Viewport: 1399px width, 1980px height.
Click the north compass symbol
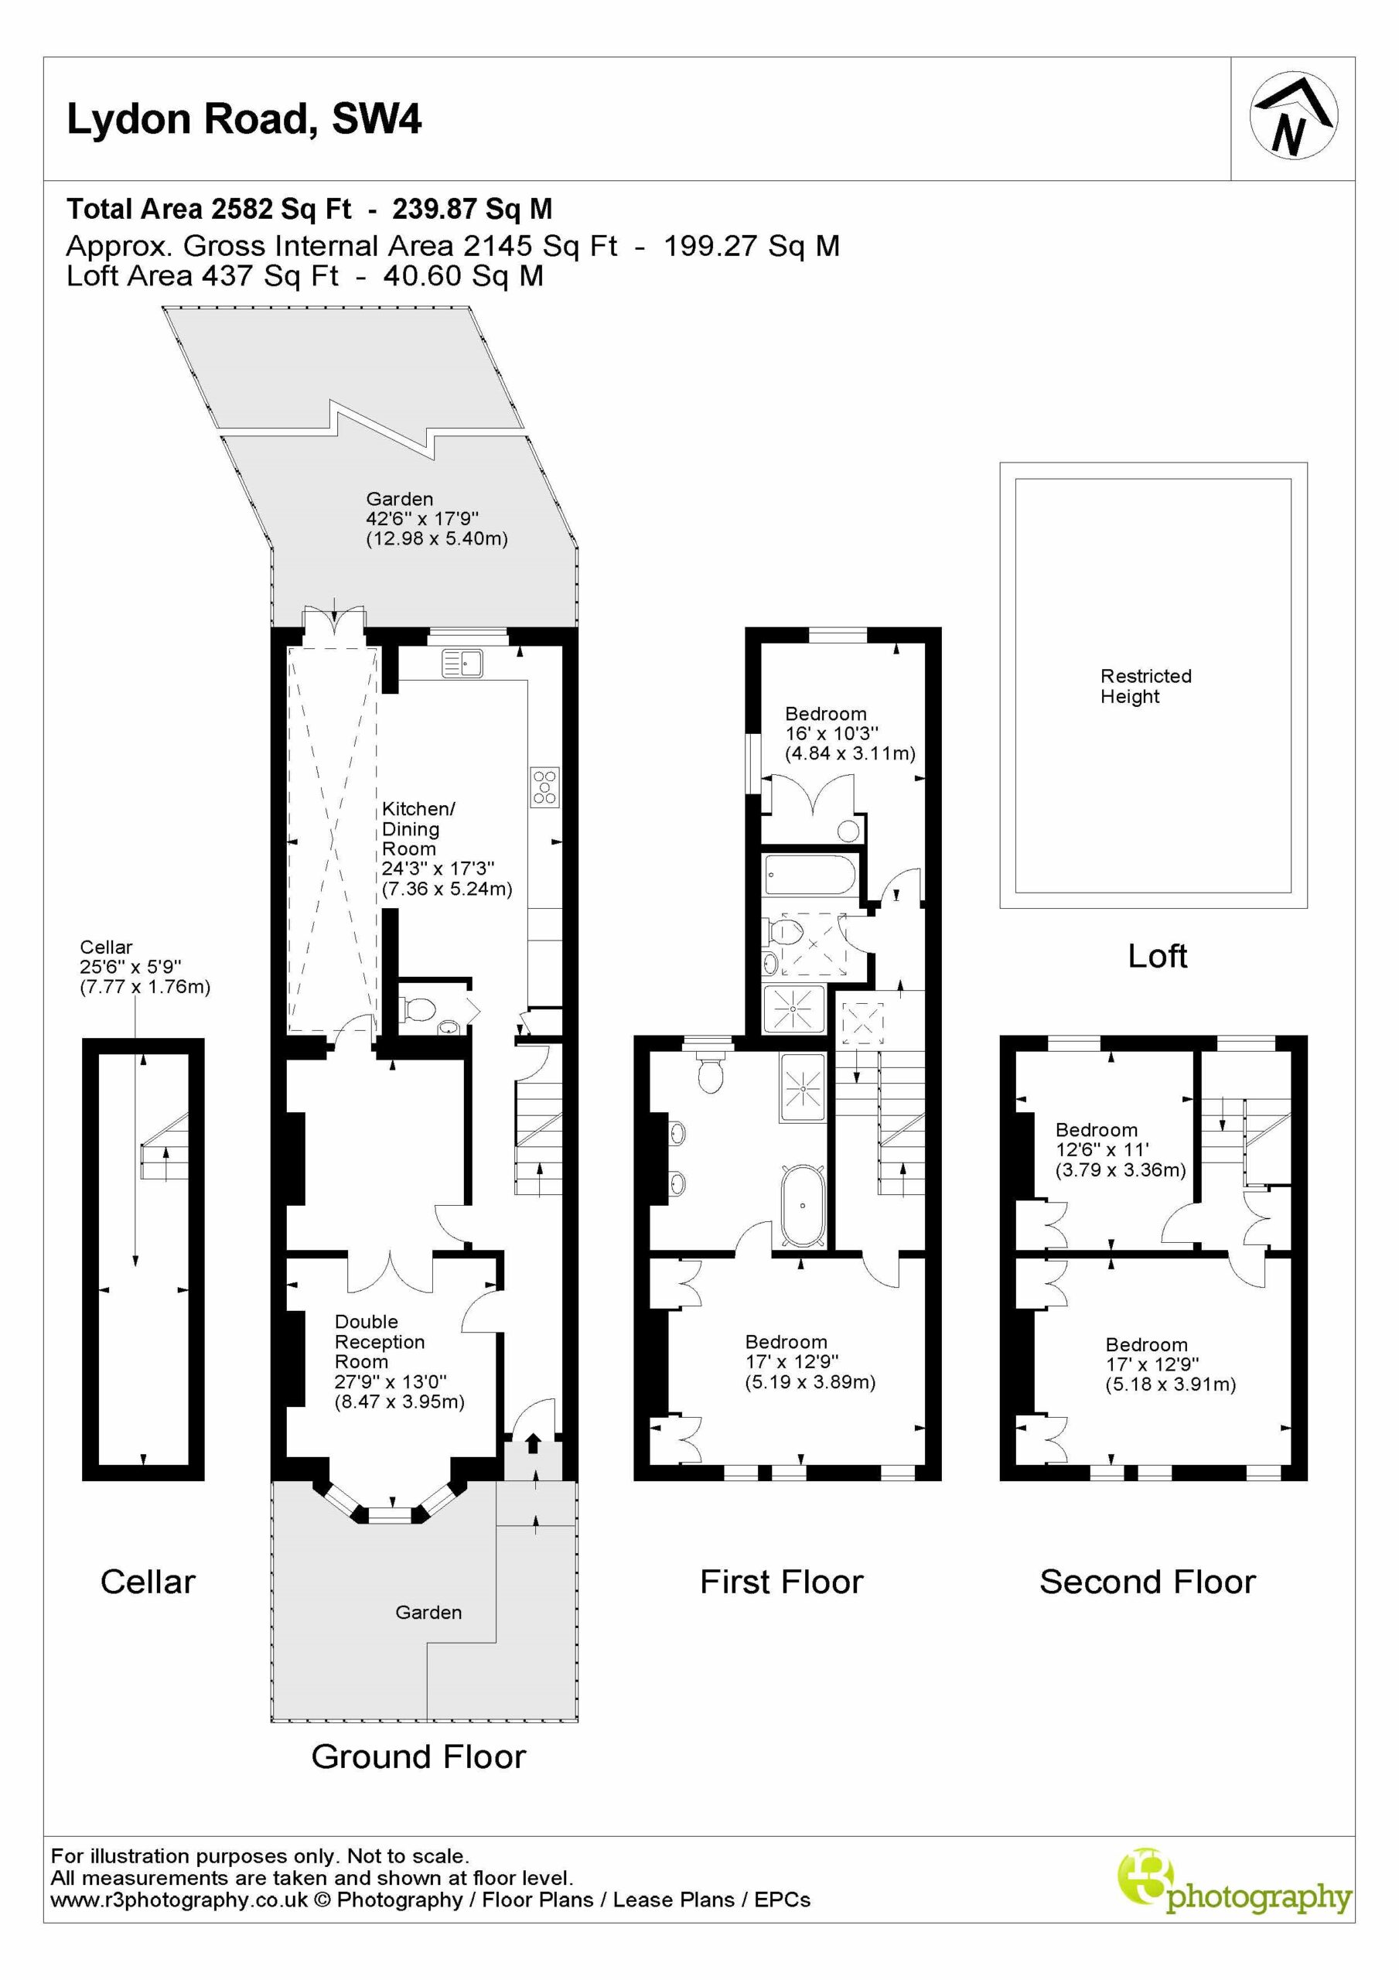coord(1293,115)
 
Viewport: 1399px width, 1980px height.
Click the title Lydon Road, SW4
coord(244,120)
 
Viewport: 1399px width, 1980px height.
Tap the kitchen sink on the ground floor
coord(462,663)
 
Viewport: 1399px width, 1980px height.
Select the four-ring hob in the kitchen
coord(545,787)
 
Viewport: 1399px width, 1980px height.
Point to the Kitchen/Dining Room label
coord(447,848)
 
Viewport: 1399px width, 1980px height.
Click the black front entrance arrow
coord(532,1442)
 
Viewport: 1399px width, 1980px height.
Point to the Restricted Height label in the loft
coord(1145,687)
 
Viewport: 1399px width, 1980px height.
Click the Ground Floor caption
coord(418,1756)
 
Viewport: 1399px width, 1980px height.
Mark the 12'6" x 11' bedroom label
coord(1121,1149)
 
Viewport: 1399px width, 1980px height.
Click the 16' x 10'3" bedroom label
coord(850,734)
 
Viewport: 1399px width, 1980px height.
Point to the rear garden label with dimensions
coord(436,519)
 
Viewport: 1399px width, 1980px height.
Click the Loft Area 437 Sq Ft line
coord(305,276)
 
